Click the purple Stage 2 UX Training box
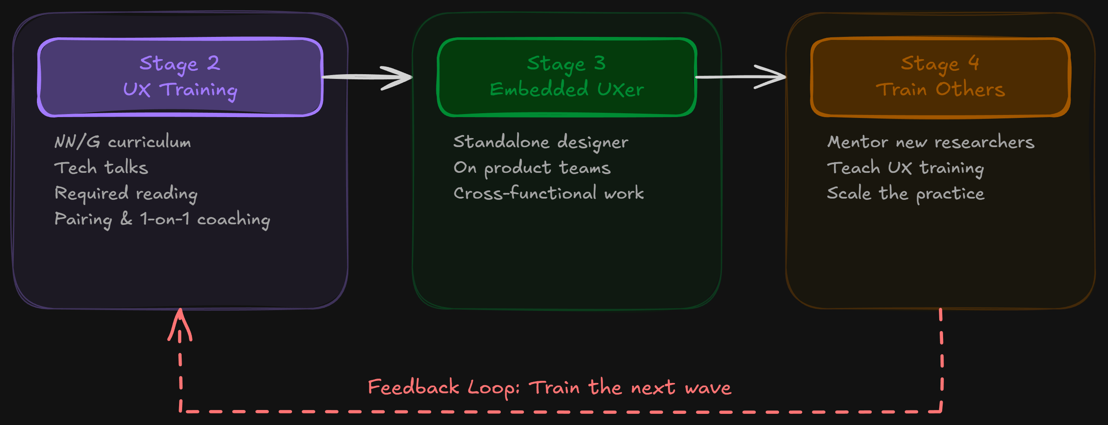tap(180, 77)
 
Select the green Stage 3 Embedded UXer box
tap(566, 77)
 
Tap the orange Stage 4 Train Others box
tap(940, 77)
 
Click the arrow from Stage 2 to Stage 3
tap(368, 77)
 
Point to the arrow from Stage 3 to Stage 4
tap(741, 77)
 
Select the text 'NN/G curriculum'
tap(122, 142)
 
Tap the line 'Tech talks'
tap(101, 168)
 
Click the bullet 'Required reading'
tap(126, 193)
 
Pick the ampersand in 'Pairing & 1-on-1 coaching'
tap(126, 219)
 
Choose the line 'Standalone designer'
tap(541, 142)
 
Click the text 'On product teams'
tap(532, 168)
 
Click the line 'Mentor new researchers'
tap(931, 142)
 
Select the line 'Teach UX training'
tap(905, 168)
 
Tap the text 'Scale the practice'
tap(905, 193)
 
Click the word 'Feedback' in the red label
tap(413, 387)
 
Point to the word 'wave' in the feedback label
tap(708, 388)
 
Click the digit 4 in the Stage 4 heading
tap(974, 63)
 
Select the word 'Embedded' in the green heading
tap(539, 89)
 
